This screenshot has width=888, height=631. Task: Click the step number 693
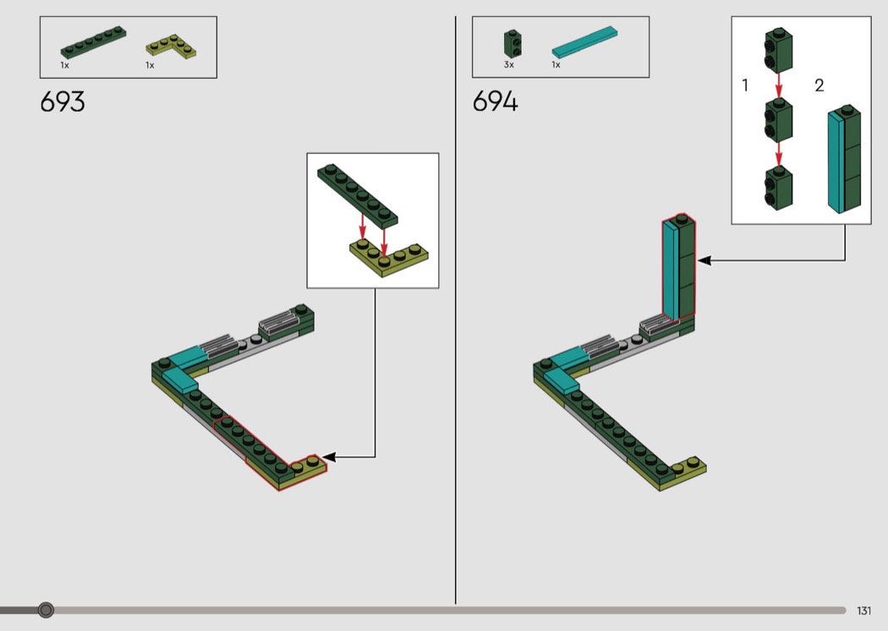pos(63,102)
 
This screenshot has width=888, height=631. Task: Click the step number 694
pos(495,102)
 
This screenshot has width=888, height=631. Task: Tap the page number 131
pos(863,611)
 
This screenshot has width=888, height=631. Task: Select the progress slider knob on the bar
pos(46,610)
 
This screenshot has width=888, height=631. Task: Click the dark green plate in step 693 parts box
pos(93,42)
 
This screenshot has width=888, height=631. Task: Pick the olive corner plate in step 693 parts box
pos(171,47)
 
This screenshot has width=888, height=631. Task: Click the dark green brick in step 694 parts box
pos(513,44)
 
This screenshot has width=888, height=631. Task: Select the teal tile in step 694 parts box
pos(584,42)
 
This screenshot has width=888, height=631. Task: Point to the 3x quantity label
pos(508,65)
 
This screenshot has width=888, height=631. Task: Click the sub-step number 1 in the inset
pos(745,85)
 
